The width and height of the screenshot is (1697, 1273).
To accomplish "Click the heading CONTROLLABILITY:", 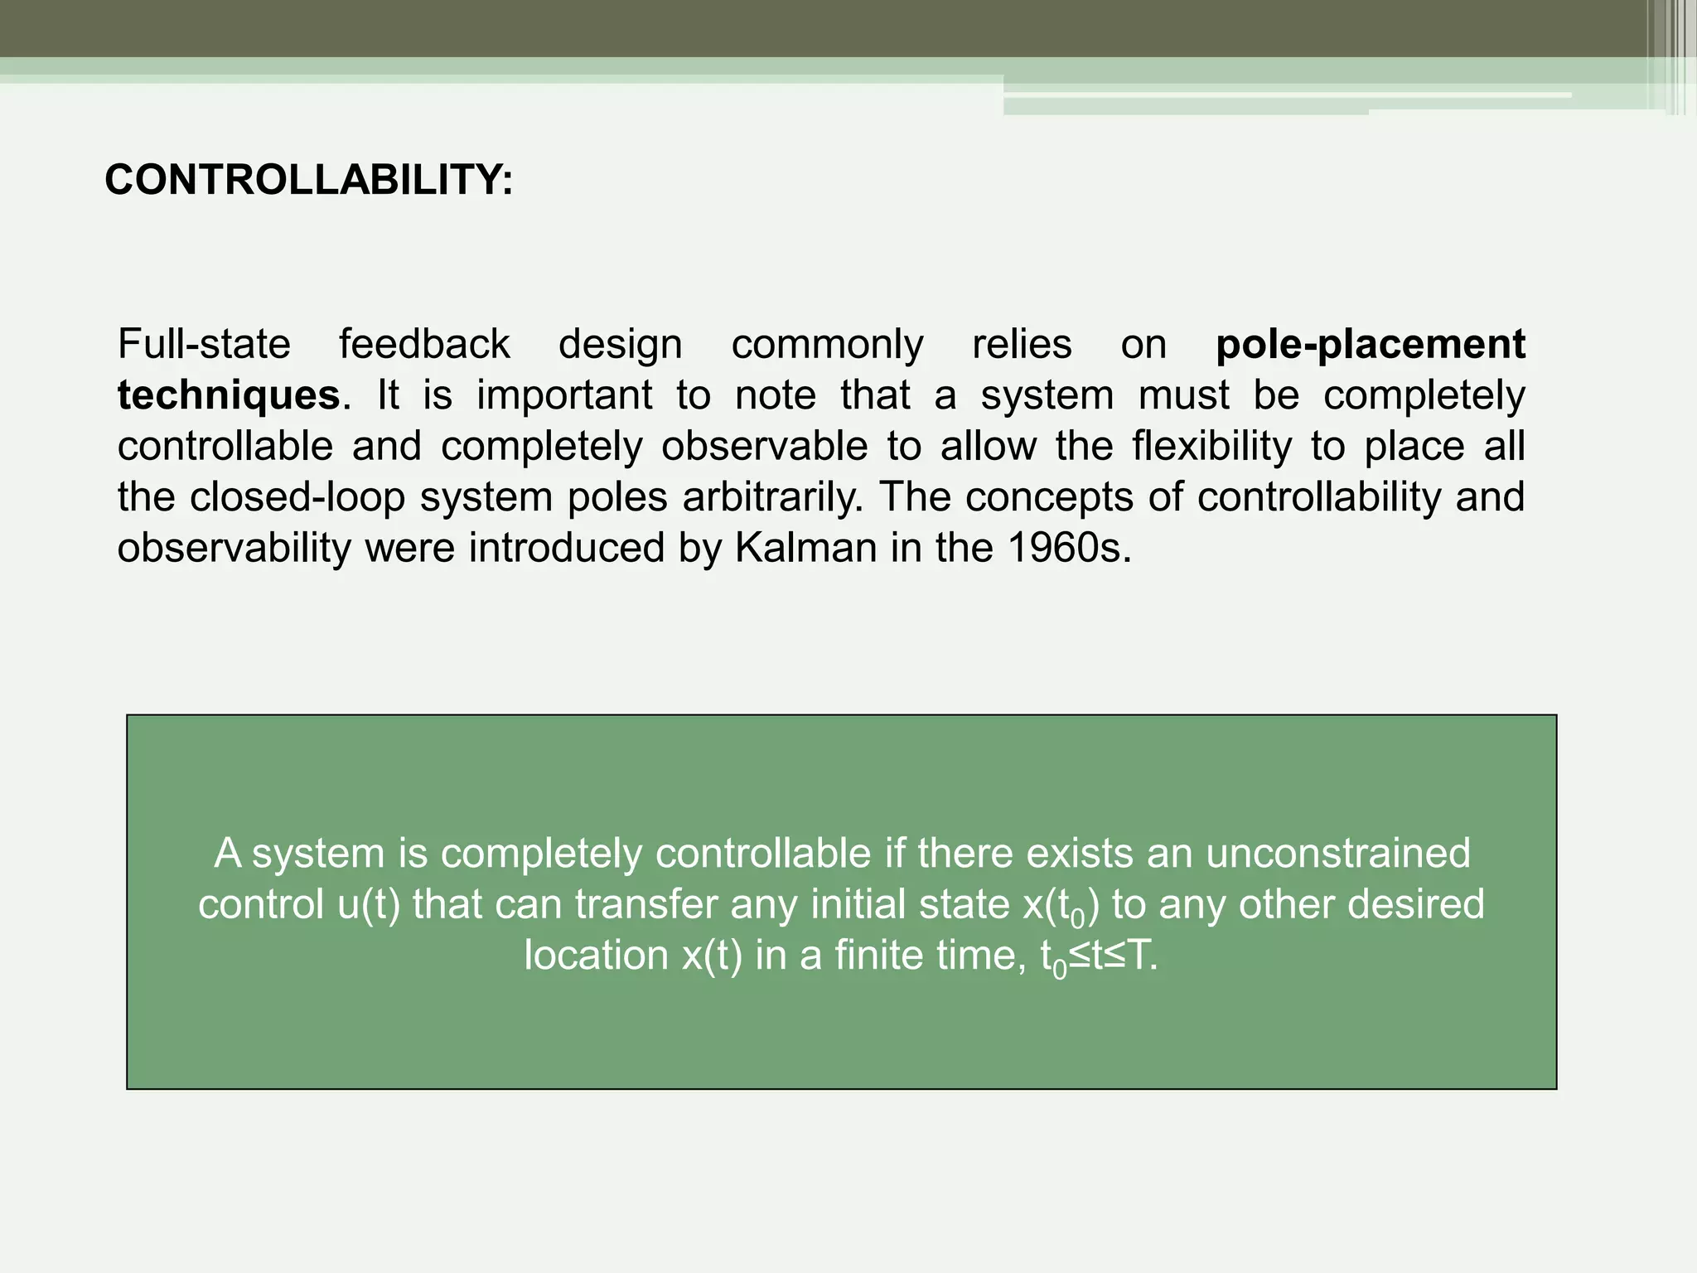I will tap(308, 180).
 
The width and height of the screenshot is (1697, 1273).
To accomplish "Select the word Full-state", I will tap(204, 344).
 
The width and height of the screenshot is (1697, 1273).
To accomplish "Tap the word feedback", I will tap(424, 344).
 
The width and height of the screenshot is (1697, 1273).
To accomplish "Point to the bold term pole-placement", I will tap(1370, 344).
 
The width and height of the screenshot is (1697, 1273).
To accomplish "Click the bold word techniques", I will tap(229, 395).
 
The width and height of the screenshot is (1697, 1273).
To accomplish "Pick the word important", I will tap(564, 395).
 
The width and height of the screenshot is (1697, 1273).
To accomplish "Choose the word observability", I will tap(234, 549).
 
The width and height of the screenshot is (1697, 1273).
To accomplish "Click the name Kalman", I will tap(805, 549).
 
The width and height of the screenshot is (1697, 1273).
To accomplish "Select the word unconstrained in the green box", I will tap(1337, 854).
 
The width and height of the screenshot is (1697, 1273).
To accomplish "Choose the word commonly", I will tap(827, 344).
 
